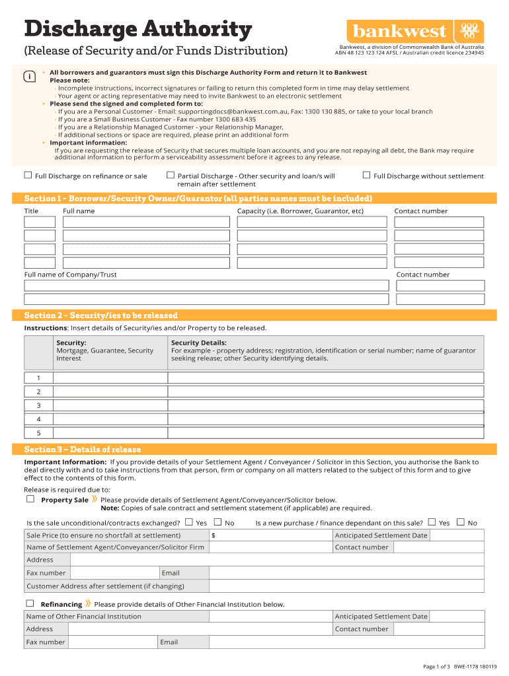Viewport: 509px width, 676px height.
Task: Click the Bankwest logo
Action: point(414,31)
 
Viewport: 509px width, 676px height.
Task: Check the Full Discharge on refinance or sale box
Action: point(28,175)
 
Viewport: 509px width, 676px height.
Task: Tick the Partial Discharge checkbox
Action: point(171,175)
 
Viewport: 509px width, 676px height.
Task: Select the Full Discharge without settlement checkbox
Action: point(366,175)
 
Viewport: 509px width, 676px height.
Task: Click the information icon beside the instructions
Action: point(28,77)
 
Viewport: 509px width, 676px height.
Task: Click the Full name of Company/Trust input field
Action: point(206,285)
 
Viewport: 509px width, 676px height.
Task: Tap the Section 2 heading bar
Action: point(254,315)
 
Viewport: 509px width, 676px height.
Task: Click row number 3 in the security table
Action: point(38,405)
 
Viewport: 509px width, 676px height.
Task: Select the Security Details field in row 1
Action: point(325,378)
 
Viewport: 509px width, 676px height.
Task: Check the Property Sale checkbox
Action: point(30,499)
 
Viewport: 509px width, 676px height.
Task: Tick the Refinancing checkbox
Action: point(30,603)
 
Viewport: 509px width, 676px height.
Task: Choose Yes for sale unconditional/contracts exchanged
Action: point(189,522)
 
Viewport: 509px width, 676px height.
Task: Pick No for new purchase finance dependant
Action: point(461,522)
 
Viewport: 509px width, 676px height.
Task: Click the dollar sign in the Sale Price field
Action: point(213,535)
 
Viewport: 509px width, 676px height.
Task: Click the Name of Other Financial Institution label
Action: point(83,617)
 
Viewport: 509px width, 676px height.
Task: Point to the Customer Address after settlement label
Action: point(105,586)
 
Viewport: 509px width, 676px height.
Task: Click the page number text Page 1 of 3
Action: point(436,667)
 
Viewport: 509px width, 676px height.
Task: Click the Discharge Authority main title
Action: point(138,29)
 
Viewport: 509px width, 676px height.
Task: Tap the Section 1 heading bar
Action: point(254,198)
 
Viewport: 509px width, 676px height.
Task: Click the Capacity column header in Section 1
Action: point(300,211)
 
